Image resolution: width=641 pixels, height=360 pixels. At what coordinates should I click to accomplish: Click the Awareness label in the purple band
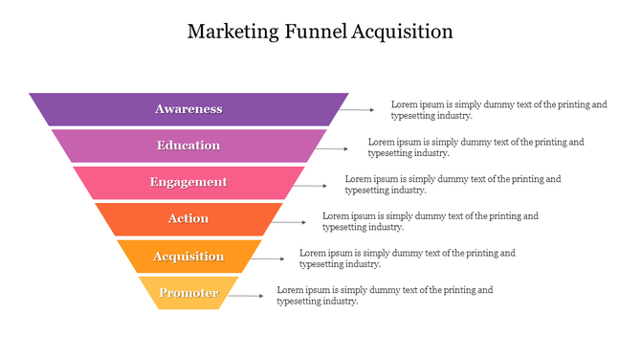188,109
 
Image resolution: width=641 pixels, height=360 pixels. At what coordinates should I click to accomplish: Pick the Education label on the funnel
188,146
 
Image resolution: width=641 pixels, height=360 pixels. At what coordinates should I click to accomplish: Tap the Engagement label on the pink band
188,182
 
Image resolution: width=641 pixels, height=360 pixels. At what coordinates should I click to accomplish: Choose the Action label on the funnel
188,218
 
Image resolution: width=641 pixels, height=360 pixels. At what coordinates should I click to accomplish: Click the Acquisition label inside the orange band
188,257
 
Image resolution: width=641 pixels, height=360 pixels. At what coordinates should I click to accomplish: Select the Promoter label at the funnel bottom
188,293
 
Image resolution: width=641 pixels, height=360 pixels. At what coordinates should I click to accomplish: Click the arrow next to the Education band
336,148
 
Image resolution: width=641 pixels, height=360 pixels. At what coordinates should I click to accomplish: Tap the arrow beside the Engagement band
313,185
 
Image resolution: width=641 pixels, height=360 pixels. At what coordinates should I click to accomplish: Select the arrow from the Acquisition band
269,259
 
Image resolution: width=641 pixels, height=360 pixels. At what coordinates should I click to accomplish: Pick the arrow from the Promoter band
246,296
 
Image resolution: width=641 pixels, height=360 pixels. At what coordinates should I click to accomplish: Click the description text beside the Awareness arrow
498,109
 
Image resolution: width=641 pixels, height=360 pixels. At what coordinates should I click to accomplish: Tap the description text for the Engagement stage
453,184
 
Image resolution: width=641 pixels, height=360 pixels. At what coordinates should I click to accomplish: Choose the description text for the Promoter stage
385,295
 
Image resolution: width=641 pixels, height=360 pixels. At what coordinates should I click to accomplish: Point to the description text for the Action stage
430,221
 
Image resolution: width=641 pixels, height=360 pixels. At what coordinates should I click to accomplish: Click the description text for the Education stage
475,146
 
